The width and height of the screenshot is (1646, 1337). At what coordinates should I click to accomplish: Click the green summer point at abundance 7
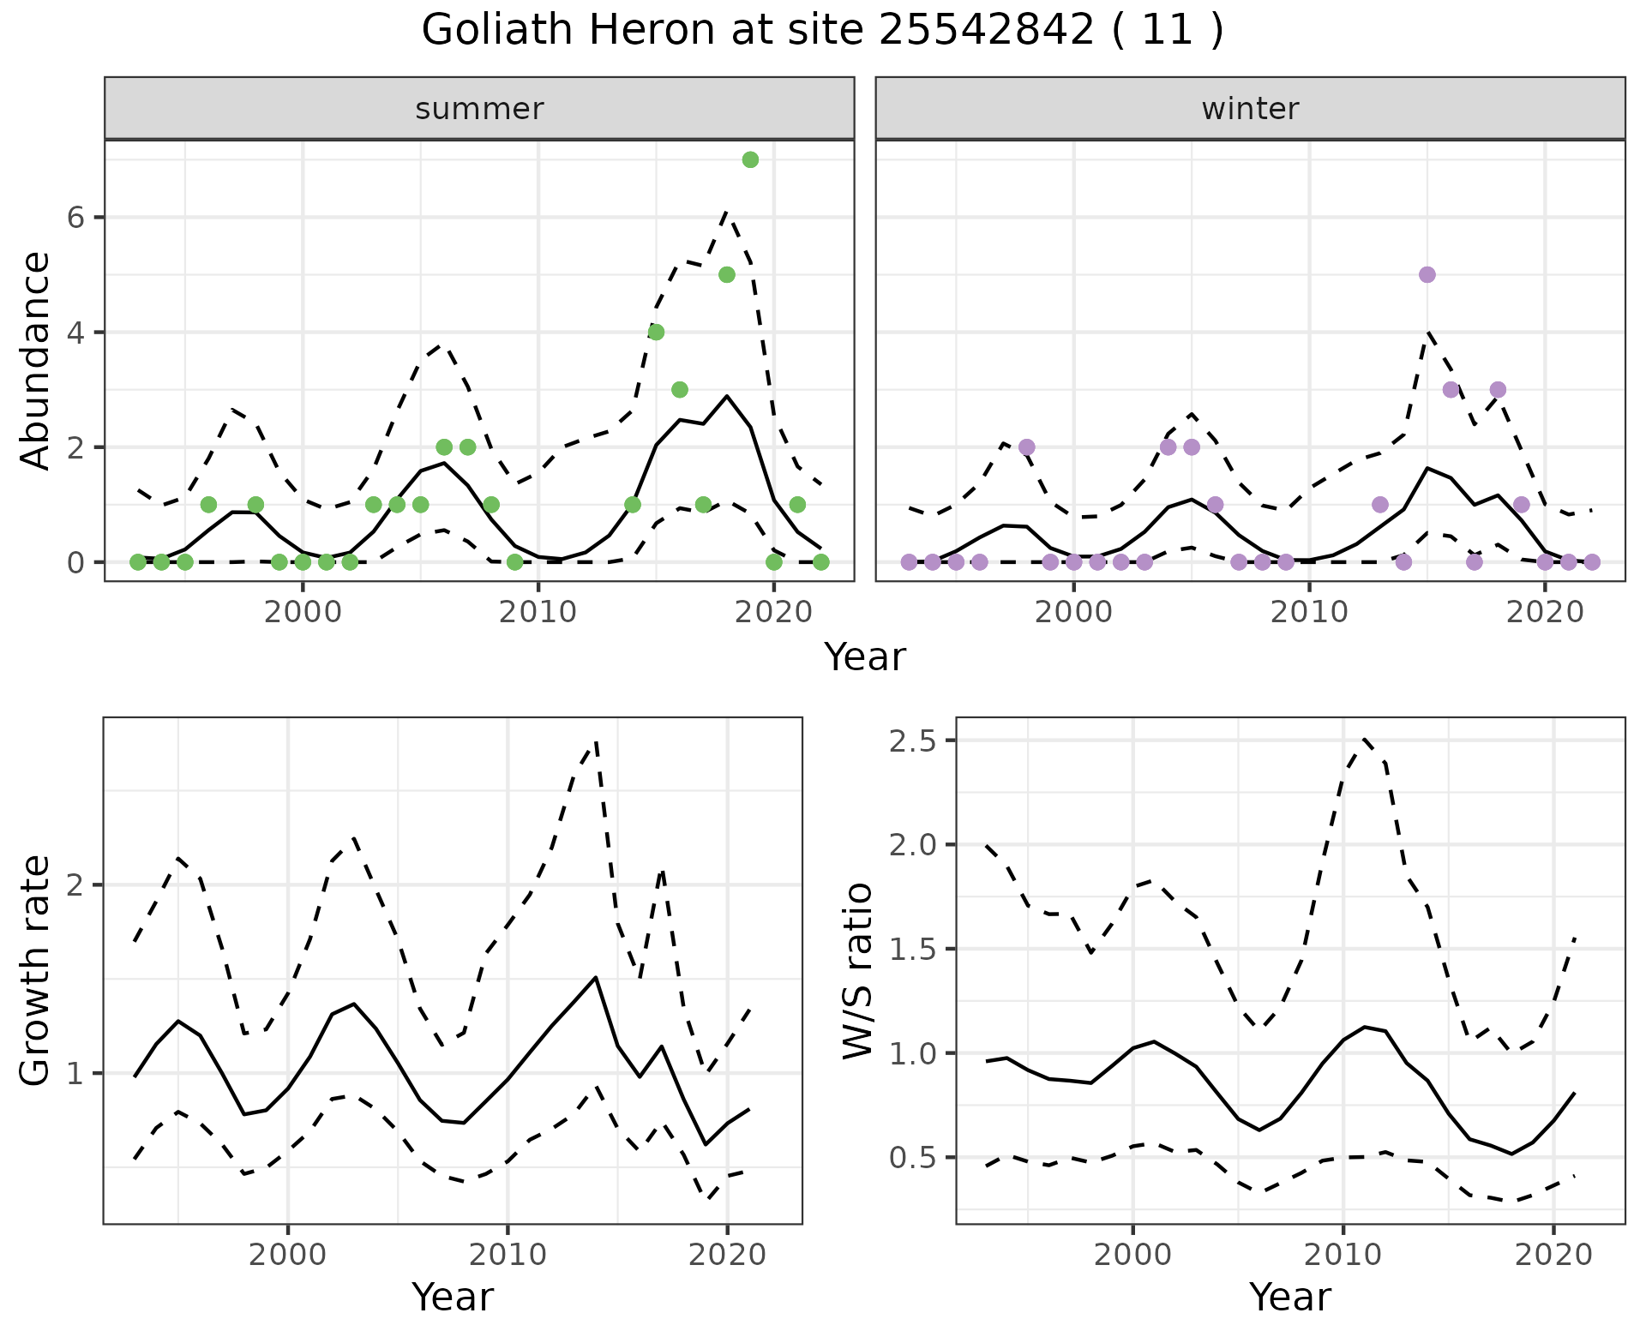pyautogui.click(x=750, y=159)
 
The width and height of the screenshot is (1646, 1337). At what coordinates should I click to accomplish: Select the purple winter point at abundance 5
pyautogui.click(x=1427, y=274)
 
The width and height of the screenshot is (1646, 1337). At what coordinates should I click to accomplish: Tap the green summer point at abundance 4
pyautogui.click(x=656, y=332)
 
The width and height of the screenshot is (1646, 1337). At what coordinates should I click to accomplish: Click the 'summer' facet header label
pyautogui.click(x=479, y=109)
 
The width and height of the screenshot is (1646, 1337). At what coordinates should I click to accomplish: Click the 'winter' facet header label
pyautogui.click(x=1250, y=109)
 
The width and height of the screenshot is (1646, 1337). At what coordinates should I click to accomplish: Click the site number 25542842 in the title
pyautogui.click(x=986, y=31)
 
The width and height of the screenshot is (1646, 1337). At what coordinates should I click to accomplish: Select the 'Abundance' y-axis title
pyautogui.click(x=35, y=360)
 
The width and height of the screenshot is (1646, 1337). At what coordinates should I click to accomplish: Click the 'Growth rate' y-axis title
pyautogui.click(x=35, y=970)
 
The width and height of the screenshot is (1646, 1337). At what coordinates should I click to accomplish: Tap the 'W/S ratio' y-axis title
pyautogui.click(x=858, y=970)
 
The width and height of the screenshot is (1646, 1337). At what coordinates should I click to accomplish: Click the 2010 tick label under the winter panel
pyautogui.click(x=1309, y=613)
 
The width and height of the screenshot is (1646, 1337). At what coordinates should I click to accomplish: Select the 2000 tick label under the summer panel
pyautogui.click(x=302, y=613)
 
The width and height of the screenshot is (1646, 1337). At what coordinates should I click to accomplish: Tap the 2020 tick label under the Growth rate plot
pyautogui.click(x=727, y=1256)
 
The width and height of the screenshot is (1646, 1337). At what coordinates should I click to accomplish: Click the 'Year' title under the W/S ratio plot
pyautogui.click(x=1289, y=1298)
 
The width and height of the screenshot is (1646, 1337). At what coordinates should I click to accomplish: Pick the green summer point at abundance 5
pyautogui.click(x=727, y=274)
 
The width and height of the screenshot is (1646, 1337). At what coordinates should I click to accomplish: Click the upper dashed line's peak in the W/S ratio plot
pyautogui.click(x=1364, y=737)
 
